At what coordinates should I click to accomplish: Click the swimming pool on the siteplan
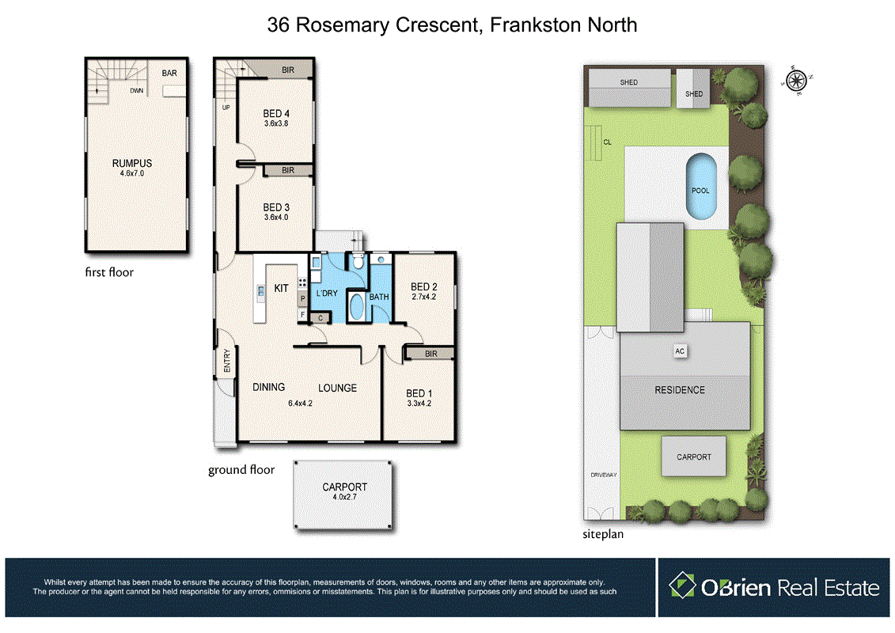(700, 186)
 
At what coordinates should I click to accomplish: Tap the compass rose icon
(796, 79)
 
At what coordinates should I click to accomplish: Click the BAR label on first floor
(169, 73)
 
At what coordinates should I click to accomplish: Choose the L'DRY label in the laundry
(326, 294)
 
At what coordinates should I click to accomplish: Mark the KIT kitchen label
(281, 289)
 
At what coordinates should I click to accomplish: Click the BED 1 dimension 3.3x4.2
(418, 403)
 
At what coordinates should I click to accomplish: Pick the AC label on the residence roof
(678, 350)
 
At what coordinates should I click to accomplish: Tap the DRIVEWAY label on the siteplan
(602, 475)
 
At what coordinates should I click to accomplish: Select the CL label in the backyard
(607, 142)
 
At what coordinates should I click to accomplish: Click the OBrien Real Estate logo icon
(681, 586)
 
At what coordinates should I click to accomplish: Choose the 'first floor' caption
(109, 272)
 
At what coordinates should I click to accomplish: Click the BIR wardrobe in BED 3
(288, 170)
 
